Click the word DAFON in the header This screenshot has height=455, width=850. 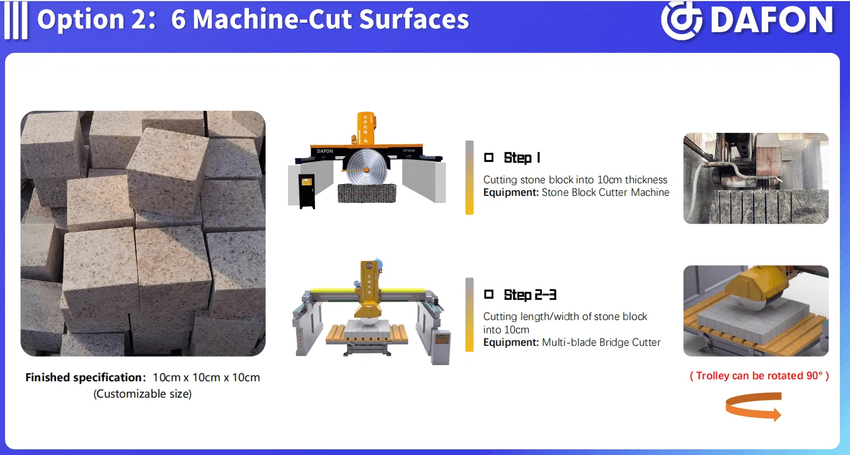(772, 20)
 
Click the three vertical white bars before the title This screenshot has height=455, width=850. (16, 20)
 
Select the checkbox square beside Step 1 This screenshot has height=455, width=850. (489, 157)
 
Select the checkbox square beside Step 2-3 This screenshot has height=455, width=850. (489, 294)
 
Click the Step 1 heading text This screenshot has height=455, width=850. (522, 158)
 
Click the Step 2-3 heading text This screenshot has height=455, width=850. (530, 294)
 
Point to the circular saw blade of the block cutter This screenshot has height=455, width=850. (367, 168)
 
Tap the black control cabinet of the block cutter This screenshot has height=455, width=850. (307, 191)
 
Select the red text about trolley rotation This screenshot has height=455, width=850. (759, 376)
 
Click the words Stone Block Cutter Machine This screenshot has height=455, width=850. (606, 192)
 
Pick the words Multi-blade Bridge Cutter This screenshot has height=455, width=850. (601, 342)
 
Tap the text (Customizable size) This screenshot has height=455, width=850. (142, 394)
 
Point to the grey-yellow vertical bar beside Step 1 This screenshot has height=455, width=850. (469, 178)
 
